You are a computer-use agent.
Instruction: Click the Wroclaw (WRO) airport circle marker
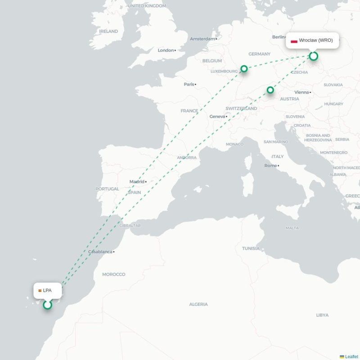(x=314, y=56)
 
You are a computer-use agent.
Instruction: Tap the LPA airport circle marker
(x=47, y=305)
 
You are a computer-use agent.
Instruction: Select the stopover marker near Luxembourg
(x=244, y=69)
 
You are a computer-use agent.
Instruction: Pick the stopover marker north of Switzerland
(x=270, y=90)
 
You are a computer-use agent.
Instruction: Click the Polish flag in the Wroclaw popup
(x=294, y=40)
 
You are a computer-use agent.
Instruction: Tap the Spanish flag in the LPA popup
(x=40, y=291)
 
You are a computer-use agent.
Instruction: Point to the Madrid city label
(x=137, y=182)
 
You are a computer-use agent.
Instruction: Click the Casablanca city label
(x=100, y=252)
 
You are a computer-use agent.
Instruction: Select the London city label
(x=166, y=50)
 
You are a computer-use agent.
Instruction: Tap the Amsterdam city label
(x=202, y=39)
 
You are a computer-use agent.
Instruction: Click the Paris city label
(x=189, y=84)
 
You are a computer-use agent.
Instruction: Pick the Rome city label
(x=270, y=166)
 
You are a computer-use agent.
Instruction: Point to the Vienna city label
(x=301, y=92)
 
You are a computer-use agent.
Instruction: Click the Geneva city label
(x=217, y=117)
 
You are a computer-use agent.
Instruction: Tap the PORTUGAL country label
(x=107, y=189)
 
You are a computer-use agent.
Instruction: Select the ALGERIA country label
(x=198, y=304)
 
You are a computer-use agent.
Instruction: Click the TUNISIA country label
(x=251, y=248)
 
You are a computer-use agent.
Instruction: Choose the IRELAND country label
(x=108, y=31)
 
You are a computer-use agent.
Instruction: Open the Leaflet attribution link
(x=351, y=356)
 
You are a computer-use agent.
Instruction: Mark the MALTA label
(x=292, y=228)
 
